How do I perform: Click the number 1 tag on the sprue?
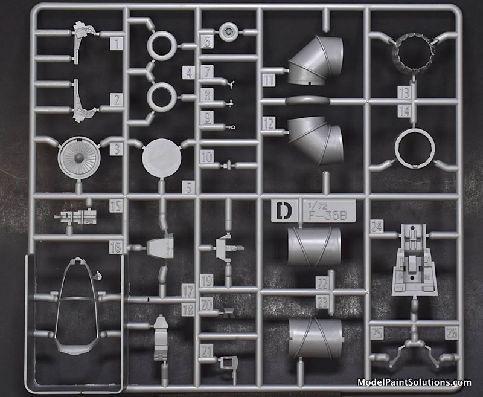click(117, 44)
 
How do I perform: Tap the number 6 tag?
click(207, 41)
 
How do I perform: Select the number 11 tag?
click(269, 80)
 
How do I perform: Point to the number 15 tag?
click(116, 206)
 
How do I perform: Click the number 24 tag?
click(377, 226)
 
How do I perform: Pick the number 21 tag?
click(206, 350)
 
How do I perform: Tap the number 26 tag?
click(451, 332)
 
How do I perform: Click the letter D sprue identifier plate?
click(285, 210)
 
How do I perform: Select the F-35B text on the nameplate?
click(327, 216)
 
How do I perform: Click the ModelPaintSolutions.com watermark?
click(414, 382)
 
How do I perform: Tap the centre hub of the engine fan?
click(79, 158)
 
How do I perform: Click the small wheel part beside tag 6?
click(228, 32)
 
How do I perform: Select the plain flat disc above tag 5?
click(162, 158)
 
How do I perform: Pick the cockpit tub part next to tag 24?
click(414, 260)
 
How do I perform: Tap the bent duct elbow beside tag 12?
click(315, 140)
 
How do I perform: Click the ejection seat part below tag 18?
click(161, 338)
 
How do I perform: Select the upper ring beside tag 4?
click(162, 45)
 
